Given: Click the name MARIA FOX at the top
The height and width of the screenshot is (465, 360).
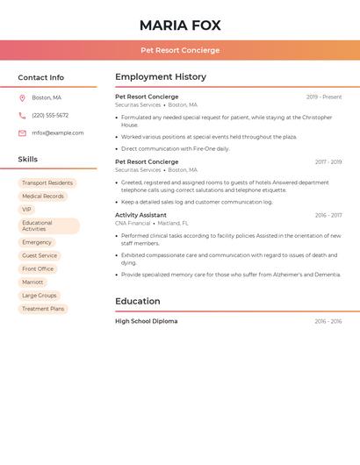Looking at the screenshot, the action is click(x=180, y=25).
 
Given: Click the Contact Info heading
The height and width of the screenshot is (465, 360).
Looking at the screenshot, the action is click(x=41, y=77).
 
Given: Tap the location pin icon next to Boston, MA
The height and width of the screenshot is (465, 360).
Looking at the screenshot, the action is click(x=22, y=97).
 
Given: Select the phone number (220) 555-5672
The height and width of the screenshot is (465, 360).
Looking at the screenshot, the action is click(x=50, y=115).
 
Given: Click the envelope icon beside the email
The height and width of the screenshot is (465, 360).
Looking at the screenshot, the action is click(x=22, y=133).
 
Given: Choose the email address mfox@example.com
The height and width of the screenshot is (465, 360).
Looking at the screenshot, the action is click(x=58, y=133).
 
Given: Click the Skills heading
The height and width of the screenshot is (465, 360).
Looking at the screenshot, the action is click(x=28, y=159).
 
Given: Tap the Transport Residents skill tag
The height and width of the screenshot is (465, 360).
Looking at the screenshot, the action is click(x=47, y=183).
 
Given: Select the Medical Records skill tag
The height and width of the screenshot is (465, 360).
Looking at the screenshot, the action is click(x=43, y=197).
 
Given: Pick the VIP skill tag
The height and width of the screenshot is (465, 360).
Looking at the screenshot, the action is click(x=26, y=210).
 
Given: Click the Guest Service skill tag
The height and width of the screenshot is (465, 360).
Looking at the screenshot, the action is click(x=40, y=256).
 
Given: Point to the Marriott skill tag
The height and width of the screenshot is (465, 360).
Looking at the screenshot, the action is click(x=32, y=283).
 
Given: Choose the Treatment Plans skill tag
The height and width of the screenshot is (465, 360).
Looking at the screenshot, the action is click(x=43, y=309).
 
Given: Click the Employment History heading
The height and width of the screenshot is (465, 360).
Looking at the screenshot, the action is click(x=161, y=77).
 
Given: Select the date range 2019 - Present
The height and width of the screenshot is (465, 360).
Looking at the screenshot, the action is click(x=324, y=97).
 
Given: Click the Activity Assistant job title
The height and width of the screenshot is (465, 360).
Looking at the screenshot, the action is click(x=140, y=215).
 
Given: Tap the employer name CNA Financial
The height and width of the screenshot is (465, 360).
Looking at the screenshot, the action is click(x=133, y=224).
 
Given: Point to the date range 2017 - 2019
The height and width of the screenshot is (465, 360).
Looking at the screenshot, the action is click(x=328, y=162).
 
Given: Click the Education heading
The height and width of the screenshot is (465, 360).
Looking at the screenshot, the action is click(x=139, y=301).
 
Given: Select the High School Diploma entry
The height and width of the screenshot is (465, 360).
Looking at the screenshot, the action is click(x=147, y=322).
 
